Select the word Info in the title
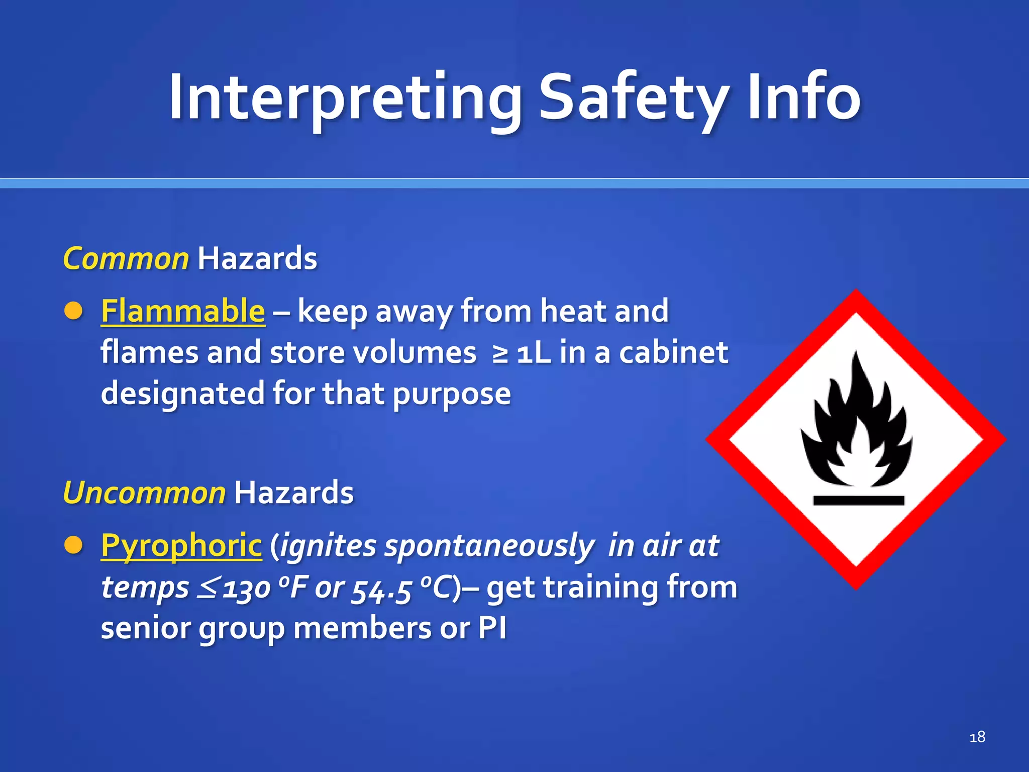(x=804, y=98)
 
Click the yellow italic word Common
(x=126, y=259)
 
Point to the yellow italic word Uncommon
(x=145, y=493)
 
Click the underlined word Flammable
(x=183, y=311)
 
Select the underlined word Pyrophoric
(x=181, y=545)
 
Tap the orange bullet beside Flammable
(x=73, y=311)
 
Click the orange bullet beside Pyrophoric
(x=73, y=545)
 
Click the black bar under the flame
(x=859, y=501)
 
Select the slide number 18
(x=977, y=737)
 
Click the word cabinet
(x=673, y=352)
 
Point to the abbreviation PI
(x=492, y=628)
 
